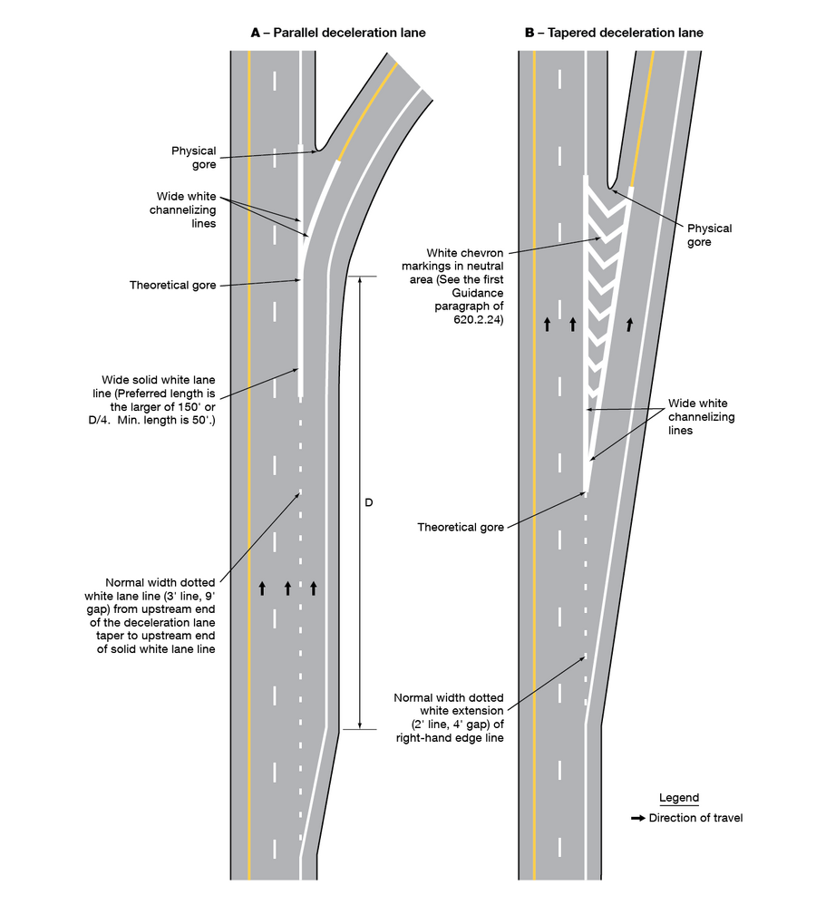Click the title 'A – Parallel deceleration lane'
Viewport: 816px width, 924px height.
(337, 33)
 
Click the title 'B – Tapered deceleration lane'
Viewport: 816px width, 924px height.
(614, 33)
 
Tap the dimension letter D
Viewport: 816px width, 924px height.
(369, 501)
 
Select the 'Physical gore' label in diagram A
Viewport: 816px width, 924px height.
(194, 158)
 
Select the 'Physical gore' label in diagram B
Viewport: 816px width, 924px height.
(709, 236)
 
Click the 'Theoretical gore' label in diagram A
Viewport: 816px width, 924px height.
(173, 285)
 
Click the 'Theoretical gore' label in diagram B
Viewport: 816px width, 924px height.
(460, 527)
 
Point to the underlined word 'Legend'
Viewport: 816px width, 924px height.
(678, 798)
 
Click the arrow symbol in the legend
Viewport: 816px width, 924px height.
(638, 818)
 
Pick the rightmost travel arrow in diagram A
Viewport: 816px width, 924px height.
(314, 588)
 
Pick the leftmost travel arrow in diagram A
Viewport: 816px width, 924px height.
(262, 588)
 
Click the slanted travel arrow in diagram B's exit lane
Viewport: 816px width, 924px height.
(628, 323)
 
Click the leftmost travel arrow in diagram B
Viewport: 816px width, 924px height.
(547, 324)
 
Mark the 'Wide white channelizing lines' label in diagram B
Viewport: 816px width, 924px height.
(701, 417)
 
